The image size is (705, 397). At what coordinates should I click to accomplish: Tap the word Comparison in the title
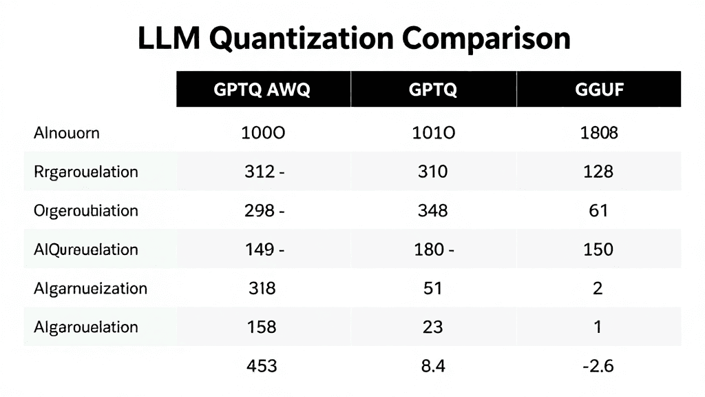[x=487, y=39]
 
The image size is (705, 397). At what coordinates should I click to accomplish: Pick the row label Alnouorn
[x=66, y=133]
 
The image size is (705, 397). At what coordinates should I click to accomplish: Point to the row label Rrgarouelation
[x=85, y=172]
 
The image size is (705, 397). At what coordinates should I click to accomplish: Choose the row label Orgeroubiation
[x=85, y=210]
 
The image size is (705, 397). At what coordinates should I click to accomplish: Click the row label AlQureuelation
[x=85, y=249]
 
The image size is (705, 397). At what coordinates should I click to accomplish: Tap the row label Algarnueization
[x=90, y=288]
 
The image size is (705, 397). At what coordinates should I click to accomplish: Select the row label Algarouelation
[x=85, y=327]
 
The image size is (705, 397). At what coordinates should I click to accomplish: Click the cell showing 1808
[x=598, y=133]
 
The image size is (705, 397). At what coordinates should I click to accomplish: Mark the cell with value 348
[x=432, y=210]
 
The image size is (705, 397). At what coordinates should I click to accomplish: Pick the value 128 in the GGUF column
[x=598, y=172]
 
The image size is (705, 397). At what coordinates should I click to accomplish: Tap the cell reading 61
[x=598, y=210]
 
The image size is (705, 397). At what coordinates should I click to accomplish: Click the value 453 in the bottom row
[x=261, y=365]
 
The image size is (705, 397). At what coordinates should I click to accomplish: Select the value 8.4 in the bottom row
[x=432, y=365]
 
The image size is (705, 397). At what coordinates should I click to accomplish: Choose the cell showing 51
[x=432, y=288]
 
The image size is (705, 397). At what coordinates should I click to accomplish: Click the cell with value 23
[x=432, y=327]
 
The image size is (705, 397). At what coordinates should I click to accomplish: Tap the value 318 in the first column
[x=261, y=288]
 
